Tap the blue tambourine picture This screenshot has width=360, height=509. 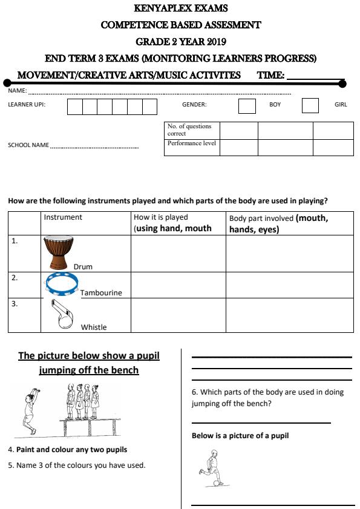click(x=62, y=283)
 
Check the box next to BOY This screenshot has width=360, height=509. click(x=247, y=105)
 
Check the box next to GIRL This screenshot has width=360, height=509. click(x=310, y=105)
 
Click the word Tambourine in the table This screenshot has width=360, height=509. click(x=101, y=293)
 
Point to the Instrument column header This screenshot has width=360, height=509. click(x=63, y=217)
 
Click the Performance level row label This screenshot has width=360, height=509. click(x=191, y=144)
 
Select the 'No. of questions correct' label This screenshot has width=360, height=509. click(x=189, y=130)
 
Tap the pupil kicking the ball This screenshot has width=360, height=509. click(x=211, y=468)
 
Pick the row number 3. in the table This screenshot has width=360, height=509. click(x=15, y=304)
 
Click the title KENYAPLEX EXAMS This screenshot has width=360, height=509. click(x=180, y=9)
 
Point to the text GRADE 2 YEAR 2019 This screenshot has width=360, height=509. click(x=180, y=42)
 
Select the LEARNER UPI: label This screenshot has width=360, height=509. click(x=27, y=105)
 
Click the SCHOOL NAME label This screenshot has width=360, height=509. click(x=28, y=145)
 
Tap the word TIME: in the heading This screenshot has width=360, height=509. click(x=270, y=75)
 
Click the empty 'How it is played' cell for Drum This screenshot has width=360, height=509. click(x=178, y=253)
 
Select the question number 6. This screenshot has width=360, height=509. click(x=195, y=392)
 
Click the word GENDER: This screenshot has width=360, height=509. click(x=194, y=105)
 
